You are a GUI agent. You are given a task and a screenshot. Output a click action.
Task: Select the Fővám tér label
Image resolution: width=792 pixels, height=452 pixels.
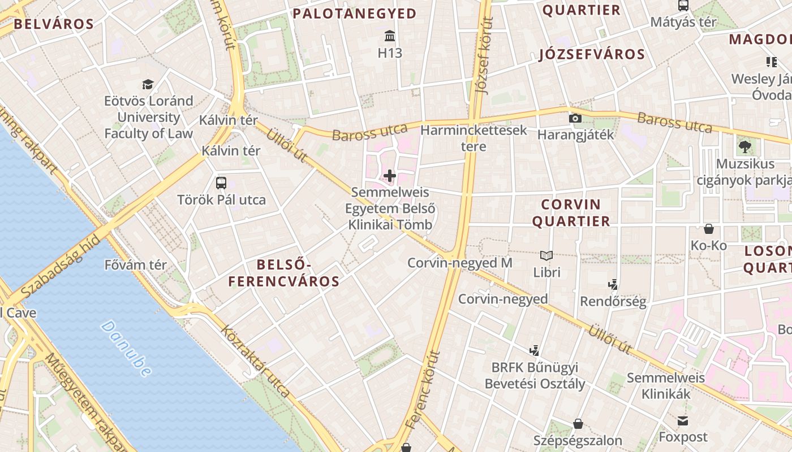pos(136,264)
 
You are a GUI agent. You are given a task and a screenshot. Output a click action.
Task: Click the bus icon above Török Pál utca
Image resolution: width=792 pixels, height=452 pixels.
pos(221,183)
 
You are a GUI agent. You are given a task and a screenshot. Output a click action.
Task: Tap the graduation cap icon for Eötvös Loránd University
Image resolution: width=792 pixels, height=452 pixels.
pos(148,84)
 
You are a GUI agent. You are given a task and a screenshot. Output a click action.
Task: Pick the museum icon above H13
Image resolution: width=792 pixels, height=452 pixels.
pos(390,36)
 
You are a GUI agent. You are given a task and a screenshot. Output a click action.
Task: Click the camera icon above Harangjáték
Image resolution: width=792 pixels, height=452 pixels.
pos(575,118)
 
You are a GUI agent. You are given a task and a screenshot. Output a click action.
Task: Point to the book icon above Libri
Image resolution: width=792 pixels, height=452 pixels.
pos(546,255)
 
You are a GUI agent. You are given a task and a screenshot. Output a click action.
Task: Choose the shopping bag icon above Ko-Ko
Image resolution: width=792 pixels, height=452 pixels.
pos(708,229)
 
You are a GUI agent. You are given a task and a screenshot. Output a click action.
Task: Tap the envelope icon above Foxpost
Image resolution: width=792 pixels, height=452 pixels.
pos(683,421)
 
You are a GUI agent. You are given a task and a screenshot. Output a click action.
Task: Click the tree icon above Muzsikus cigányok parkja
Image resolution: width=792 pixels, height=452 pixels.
pos(744,147)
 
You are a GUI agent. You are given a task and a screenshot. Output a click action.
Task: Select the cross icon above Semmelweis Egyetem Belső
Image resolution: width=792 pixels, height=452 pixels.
pos(390,176)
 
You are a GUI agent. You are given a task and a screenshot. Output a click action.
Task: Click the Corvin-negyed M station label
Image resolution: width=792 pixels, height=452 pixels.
pos(459,263)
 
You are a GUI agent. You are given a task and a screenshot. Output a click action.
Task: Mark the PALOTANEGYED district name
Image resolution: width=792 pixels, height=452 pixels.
pos(355,14)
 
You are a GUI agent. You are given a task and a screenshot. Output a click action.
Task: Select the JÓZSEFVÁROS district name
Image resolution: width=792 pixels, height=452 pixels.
pos(592,54)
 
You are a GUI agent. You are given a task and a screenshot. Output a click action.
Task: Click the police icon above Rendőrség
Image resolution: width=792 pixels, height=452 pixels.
pos(613,284)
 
